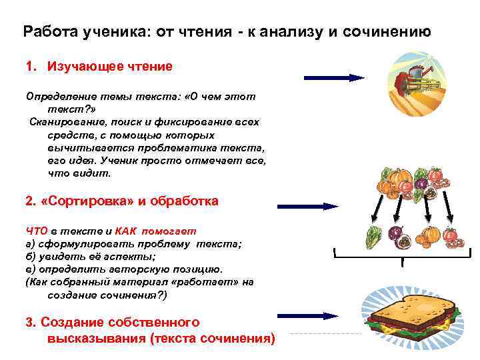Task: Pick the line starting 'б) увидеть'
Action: [x=90, y=257]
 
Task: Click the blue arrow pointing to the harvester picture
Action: [x=333, y=78]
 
